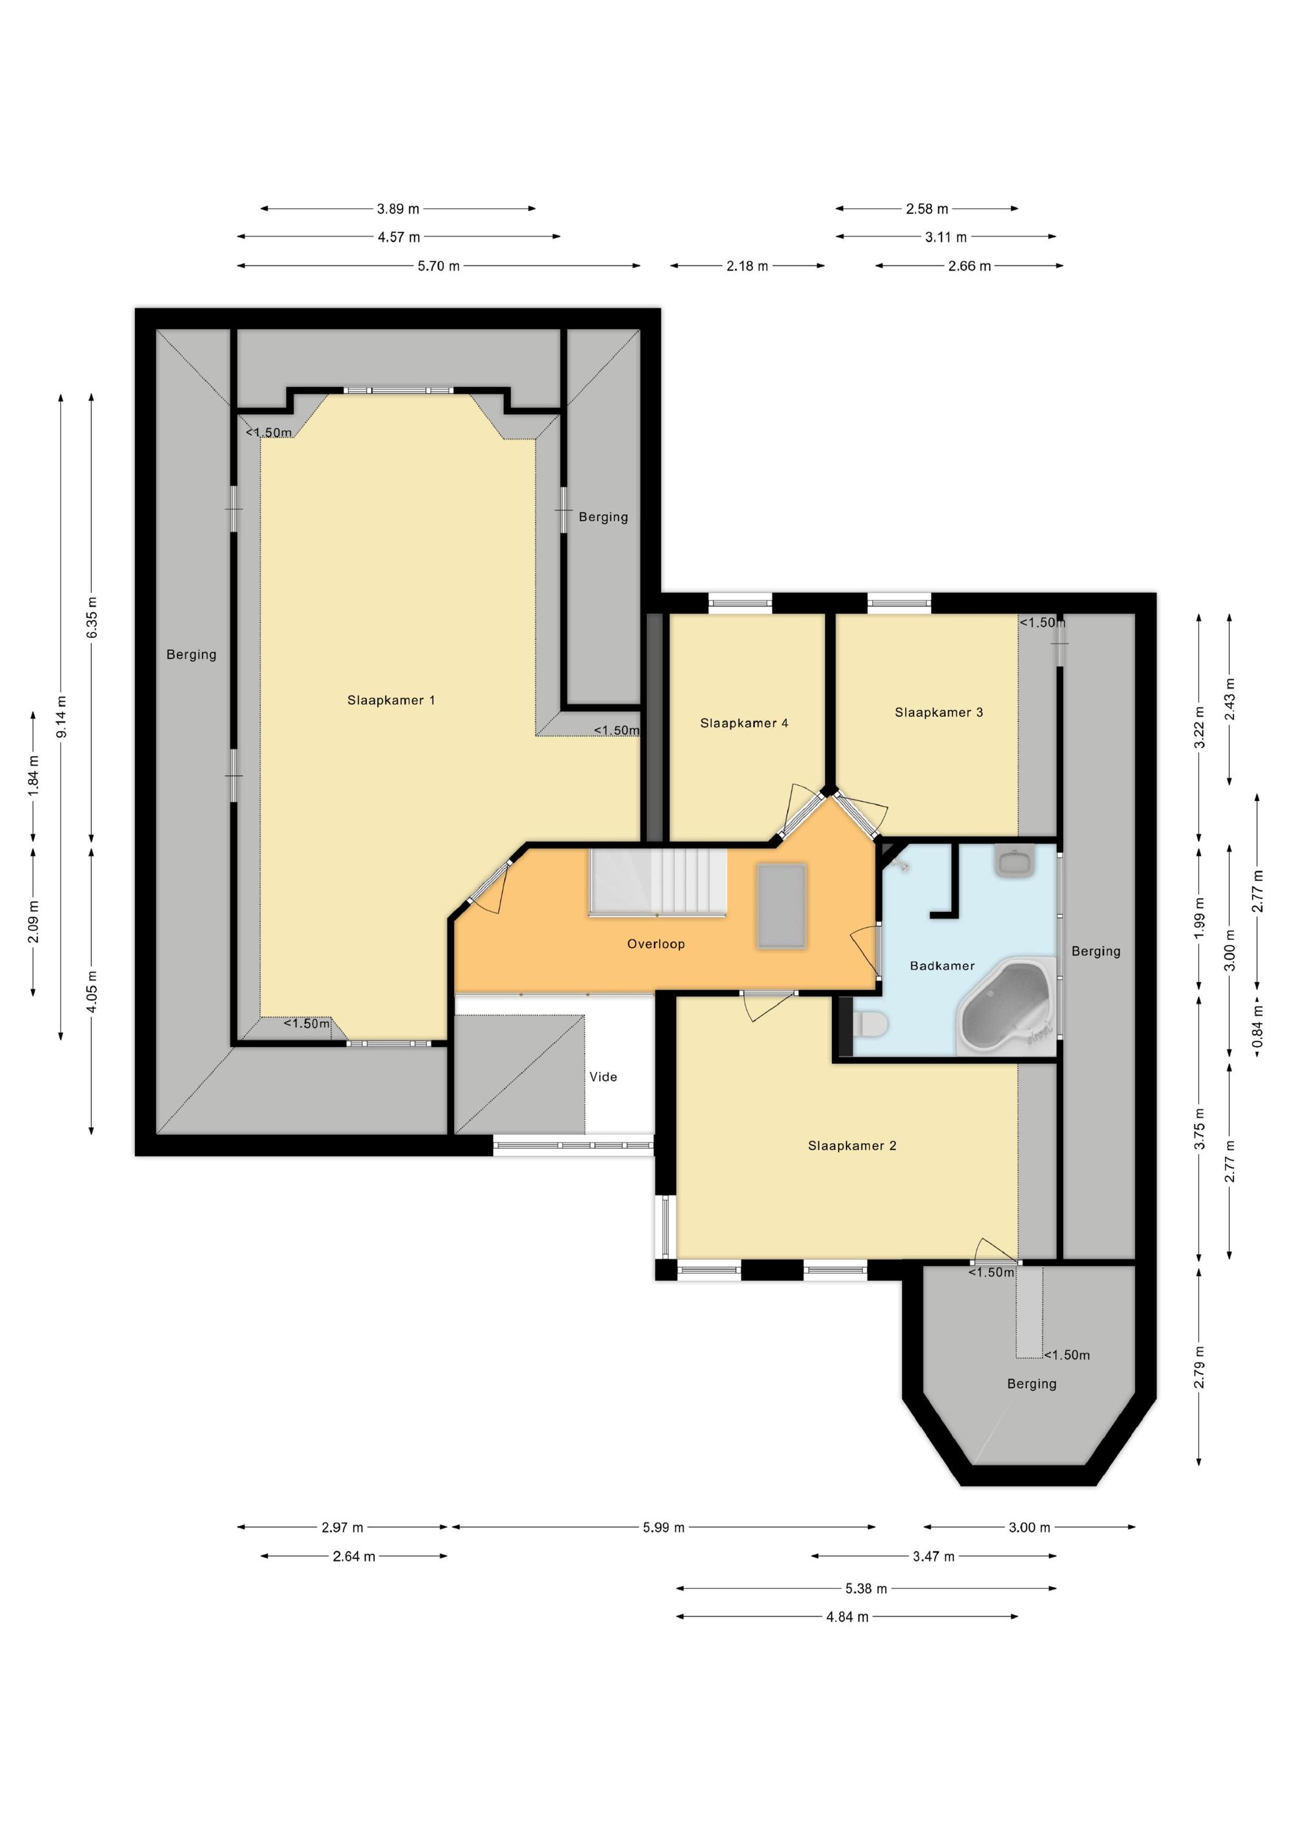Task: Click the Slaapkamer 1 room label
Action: pyautogui.click(x=391, y=700)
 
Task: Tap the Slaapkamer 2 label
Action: pyautogui.click(x=852, y=1145)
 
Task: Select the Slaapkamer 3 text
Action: pyautogui.click(x=938, y=712)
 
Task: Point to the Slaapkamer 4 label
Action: pyautogui.click(x=744, y=723)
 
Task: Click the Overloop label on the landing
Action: pyautogui.click(x=656, y=944)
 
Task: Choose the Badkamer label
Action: pyautogui.click(x=942, y=966)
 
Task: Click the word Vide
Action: pyautogui.click(x=603, y=1077)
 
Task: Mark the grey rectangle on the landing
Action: pyautogui.click(x=782, y=906)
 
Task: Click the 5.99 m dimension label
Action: pyautogui.click(x=664, y=1527)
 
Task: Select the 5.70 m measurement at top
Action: pyautogui.click(x=439, y=266)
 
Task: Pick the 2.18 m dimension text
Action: pyautogui.click(x=747, y=266)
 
